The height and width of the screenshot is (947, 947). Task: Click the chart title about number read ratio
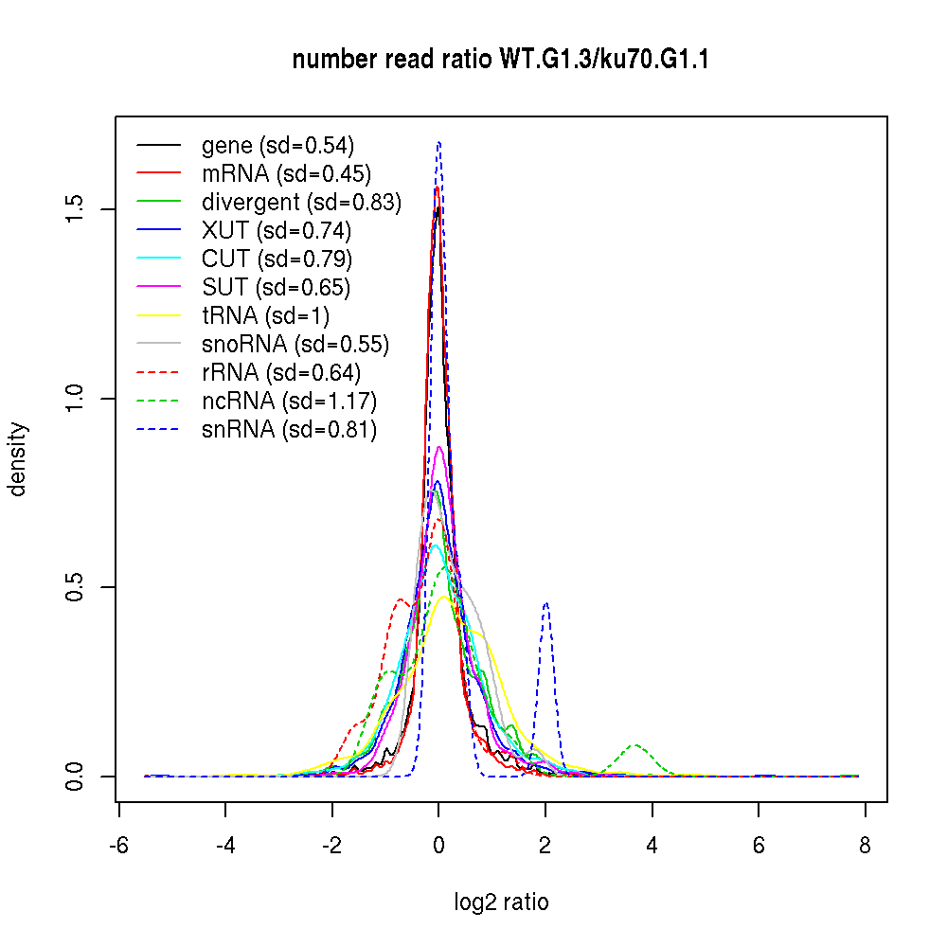point(501,61)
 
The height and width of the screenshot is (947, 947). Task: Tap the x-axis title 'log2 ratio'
point(501,902)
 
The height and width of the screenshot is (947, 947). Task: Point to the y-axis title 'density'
point(18,459)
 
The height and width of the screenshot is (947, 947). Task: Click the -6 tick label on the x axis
point(118,847)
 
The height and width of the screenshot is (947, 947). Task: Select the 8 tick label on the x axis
point(865,847)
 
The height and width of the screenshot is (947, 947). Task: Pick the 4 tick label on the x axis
point(652,847)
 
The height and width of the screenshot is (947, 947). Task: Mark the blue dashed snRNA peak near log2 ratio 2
point(546,603)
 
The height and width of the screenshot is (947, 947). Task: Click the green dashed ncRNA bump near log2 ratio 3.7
point(635,745)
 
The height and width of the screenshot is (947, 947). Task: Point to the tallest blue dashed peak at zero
point(438,143)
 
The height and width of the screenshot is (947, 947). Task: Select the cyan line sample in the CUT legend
point(159,259)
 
